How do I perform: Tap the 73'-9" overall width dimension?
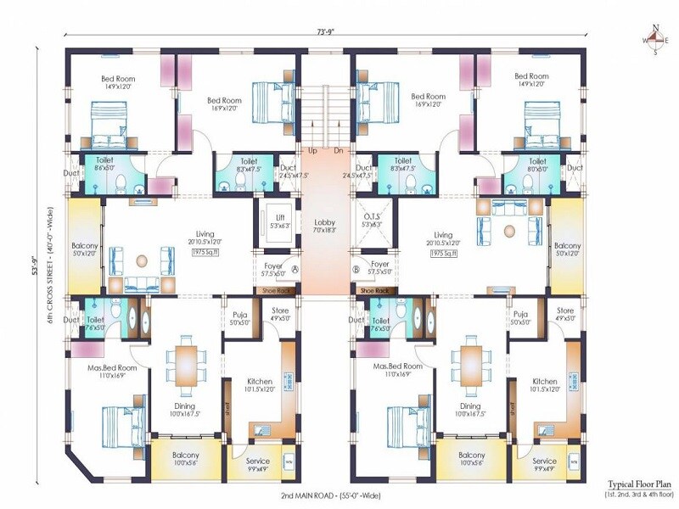click(x=328, y=32)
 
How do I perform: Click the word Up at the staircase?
click(x=312, y=150)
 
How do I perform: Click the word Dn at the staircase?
click(x=338, y=150)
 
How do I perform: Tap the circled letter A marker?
click(x=295, y=270)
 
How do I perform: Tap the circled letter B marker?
click(x=356, y=270)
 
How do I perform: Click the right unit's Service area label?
click(x=544, y=466)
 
